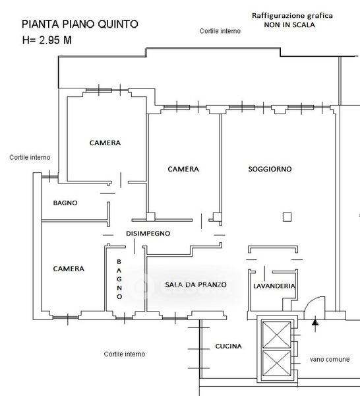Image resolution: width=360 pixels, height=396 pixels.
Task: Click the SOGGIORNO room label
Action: coord(270,169)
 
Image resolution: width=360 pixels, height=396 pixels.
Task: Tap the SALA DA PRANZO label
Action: coord(196,284)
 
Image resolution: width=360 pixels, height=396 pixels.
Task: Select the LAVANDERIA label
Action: coord(274,286)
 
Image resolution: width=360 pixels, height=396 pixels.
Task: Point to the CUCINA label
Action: coord(228,346)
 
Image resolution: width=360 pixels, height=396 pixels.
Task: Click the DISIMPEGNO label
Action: coord(148,234)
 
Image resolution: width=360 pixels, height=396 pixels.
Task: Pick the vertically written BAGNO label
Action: coord(119,279)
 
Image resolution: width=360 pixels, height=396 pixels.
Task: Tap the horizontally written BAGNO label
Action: coord(65,203)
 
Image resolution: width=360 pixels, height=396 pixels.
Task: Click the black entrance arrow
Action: coord(315,322)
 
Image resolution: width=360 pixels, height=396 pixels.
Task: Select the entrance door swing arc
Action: coord(311,301)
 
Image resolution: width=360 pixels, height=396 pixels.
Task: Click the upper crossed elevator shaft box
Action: coord(277,335)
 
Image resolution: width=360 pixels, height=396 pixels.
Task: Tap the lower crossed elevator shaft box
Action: coord(277,363)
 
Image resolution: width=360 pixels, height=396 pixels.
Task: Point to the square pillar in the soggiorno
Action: coord(287,217)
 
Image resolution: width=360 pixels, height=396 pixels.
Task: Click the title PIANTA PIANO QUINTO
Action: coord(80,24)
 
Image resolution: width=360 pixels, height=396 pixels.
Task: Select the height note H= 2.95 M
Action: coord(47,40)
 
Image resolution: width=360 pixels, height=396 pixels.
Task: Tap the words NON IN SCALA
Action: coord(289,25)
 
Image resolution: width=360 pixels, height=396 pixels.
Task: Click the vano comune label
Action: coord(330,359)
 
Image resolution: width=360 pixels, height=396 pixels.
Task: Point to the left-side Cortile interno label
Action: coord(30,157)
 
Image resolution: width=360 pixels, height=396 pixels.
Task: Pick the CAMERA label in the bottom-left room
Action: coord(69,269)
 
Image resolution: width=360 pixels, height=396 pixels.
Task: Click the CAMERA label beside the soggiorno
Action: coord(183,169)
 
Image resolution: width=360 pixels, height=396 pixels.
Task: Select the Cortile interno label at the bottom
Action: coord(125,354)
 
